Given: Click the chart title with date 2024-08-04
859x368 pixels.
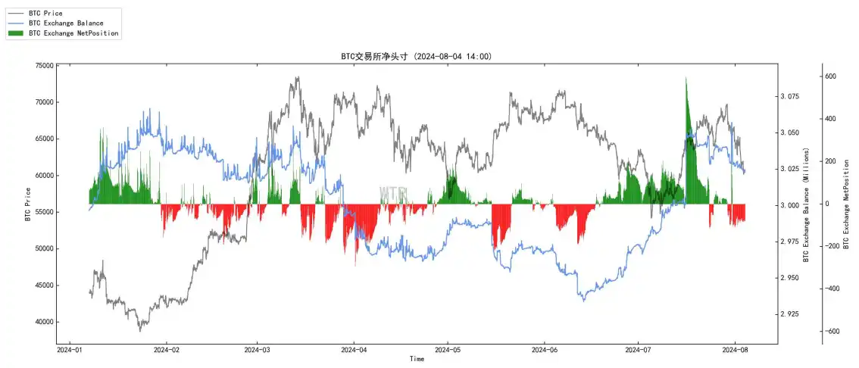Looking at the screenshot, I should coord(417,57).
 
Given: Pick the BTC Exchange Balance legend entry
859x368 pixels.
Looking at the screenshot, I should coord(65,23).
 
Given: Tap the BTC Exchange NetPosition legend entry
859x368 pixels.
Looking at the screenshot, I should coord(73,33).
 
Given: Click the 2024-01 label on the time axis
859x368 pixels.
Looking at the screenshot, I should coord(70,350).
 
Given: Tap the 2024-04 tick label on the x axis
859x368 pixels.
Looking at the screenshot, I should coord(354,350).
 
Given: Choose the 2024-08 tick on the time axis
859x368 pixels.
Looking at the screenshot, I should coord(735,350).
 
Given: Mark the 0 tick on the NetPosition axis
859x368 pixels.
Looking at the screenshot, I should coord(832,204).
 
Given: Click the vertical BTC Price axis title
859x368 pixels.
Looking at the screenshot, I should coord(28,204).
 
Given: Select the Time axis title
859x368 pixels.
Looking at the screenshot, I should coord(417,359).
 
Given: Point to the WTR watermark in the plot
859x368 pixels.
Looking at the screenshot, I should coord(393,195).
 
